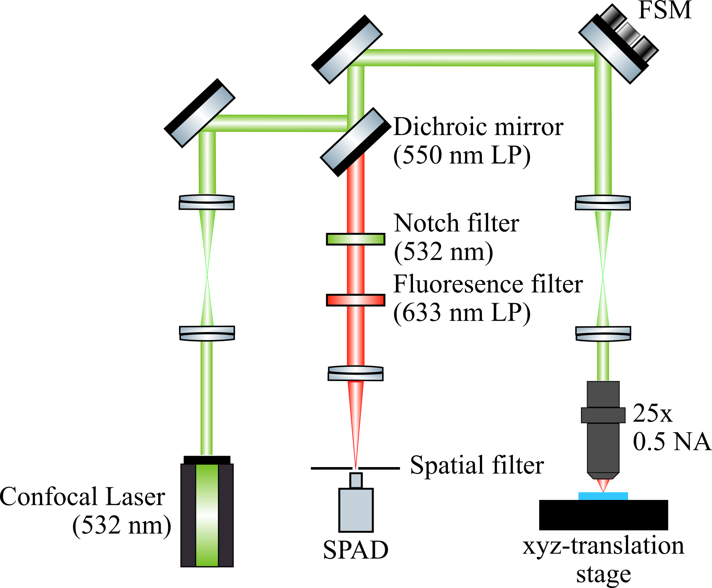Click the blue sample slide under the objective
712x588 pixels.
[x=603, y=496]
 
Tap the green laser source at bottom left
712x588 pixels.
[x=207, y=515]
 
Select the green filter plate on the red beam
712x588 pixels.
[x=355, y=239]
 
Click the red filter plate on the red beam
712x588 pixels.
[x=355, y=300]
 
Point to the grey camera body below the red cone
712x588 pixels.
[x=356, y=510]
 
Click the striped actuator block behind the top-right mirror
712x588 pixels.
[x=628, y=34]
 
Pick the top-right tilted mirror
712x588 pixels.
[x=611, y=52]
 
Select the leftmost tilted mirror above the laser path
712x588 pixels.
[x=202, y=116]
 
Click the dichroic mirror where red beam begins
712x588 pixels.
[x=353, y=139]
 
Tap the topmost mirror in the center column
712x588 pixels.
[x=349, y=52]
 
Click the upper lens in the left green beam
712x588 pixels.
[x=207, y=202]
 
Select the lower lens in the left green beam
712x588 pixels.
[x=207, y=334]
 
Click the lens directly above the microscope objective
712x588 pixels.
[x=603, y=334]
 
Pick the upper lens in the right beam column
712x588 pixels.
[x=603, y=202]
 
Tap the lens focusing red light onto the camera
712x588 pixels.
[x=355, y=373]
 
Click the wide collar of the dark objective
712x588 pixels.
[x=603, y=415]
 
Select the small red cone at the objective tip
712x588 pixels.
[x=603, y=485]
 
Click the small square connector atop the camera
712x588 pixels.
[x=356, y=480]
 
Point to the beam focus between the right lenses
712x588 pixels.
[x=603, y=275]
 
